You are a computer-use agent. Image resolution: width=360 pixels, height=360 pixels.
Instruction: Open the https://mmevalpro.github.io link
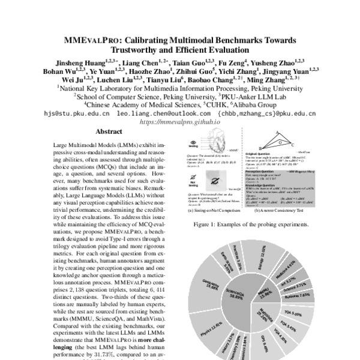tap(180, 121)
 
